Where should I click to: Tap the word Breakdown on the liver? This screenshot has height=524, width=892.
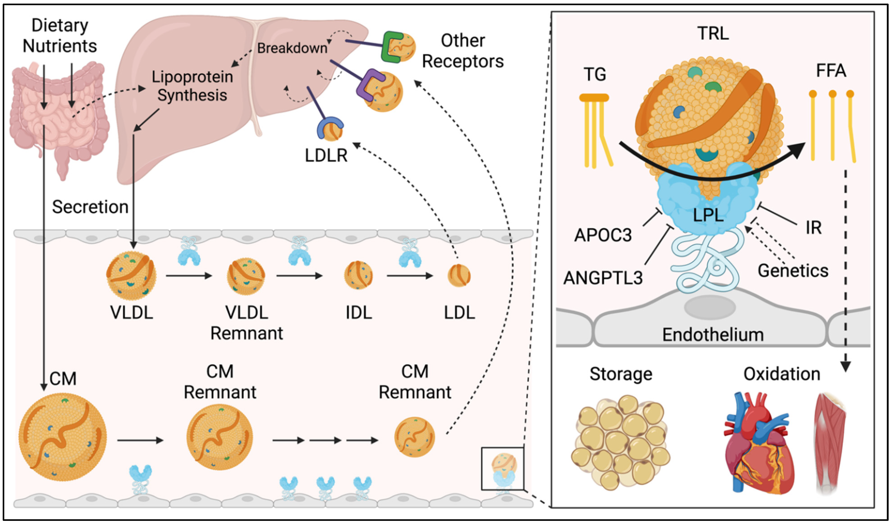pyautogui.click(x=292, y=48)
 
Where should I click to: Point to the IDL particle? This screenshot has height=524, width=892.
pyautogui.click(x=358, y=275)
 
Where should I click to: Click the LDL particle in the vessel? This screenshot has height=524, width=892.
pyautogui.click(x=459, y=276)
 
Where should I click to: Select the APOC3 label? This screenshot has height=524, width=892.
pyautogui.click(x=603, y=235)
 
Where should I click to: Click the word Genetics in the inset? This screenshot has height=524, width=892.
pyautogui.click(x=793, y=271)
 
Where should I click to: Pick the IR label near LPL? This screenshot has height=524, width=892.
pyautogui.click(x=814, y=228)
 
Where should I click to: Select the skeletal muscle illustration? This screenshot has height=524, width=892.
pyautogui.click(x=830, y=443)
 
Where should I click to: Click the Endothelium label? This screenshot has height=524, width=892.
pyautogui.click(x=713, y=335)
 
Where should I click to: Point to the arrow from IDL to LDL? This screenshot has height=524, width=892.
pyautogui.click(x=410, y=276)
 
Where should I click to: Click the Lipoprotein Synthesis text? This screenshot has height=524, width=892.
pyautogui.click(x=192, y=86)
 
